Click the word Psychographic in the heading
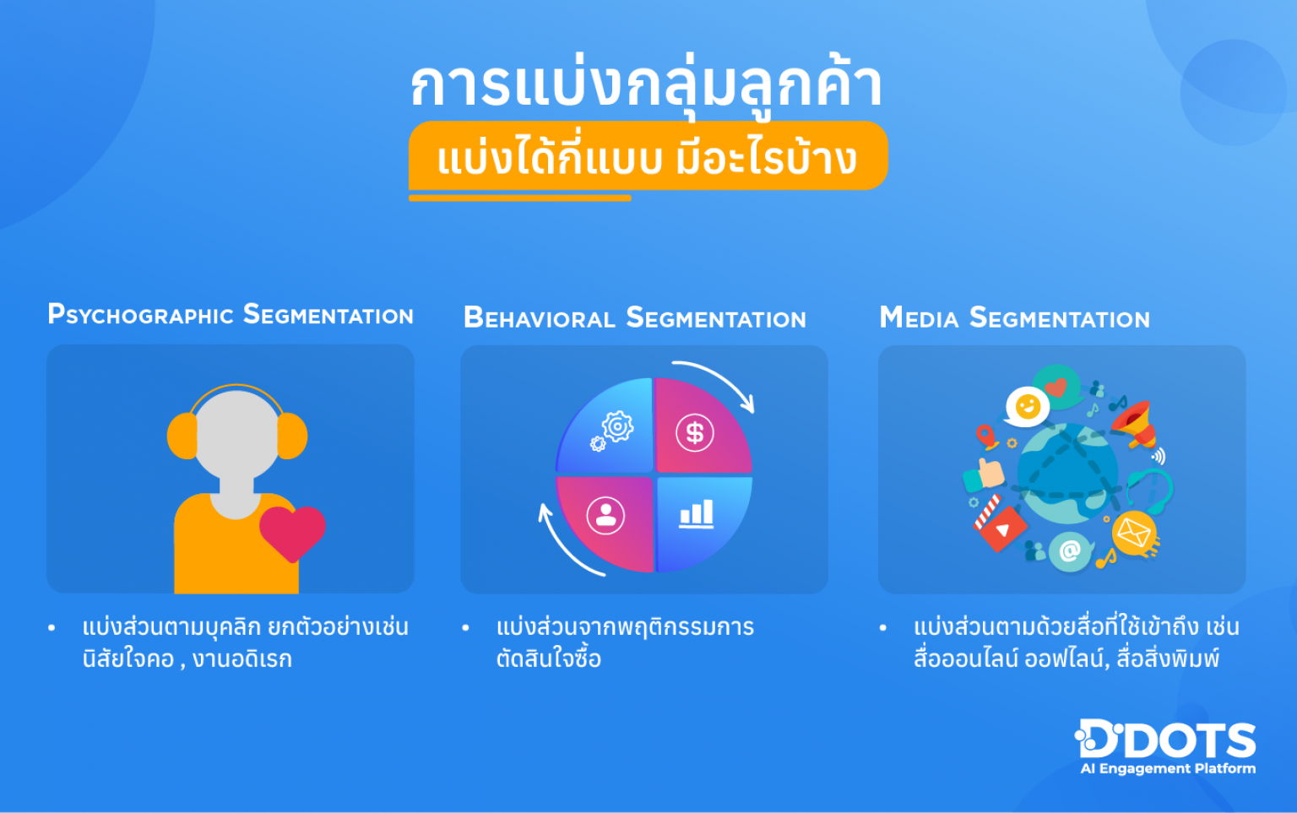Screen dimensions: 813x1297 coord(140,315)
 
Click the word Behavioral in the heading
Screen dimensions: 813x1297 coord(540,318)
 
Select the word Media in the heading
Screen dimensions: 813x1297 coord(919,318)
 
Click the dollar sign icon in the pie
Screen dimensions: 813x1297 coord(695,433)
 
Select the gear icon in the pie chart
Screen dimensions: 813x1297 coord(616,428)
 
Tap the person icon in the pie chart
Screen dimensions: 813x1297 coord(605,515)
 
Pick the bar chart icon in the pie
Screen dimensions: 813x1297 coord(697,513)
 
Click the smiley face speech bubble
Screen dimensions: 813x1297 coord(1027,407)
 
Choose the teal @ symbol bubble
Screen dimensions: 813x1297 coord(1070,551)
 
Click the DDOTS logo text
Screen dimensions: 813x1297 coord(1166,740)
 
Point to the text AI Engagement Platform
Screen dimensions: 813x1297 coord(1168,769)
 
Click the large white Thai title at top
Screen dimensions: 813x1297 coord(646,84)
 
